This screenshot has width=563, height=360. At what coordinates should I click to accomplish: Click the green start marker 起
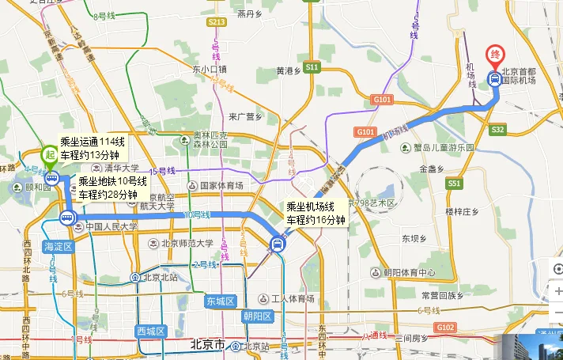50,155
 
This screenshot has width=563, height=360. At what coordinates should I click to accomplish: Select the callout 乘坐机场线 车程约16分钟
316,214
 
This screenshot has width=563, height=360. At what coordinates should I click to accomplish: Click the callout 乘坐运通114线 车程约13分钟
93,147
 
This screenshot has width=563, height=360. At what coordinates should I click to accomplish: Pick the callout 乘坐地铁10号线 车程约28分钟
108,188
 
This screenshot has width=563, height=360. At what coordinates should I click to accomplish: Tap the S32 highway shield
497,129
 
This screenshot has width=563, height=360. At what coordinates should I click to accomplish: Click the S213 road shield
216,22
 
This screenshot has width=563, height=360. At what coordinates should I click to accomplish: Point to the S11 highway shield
312,67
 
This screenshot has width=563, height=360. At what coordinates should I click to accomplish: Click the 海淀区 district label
57,247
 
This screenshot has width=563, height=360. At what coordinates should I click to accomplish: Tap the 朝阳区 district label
258,316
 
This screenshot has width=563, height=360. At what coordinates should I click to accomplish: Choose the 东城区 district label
221,301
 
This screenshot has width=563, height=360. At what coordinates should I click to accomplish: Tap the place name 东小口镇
210,69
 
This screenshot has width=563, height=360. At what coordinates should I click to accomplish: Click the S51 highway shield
453,183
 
